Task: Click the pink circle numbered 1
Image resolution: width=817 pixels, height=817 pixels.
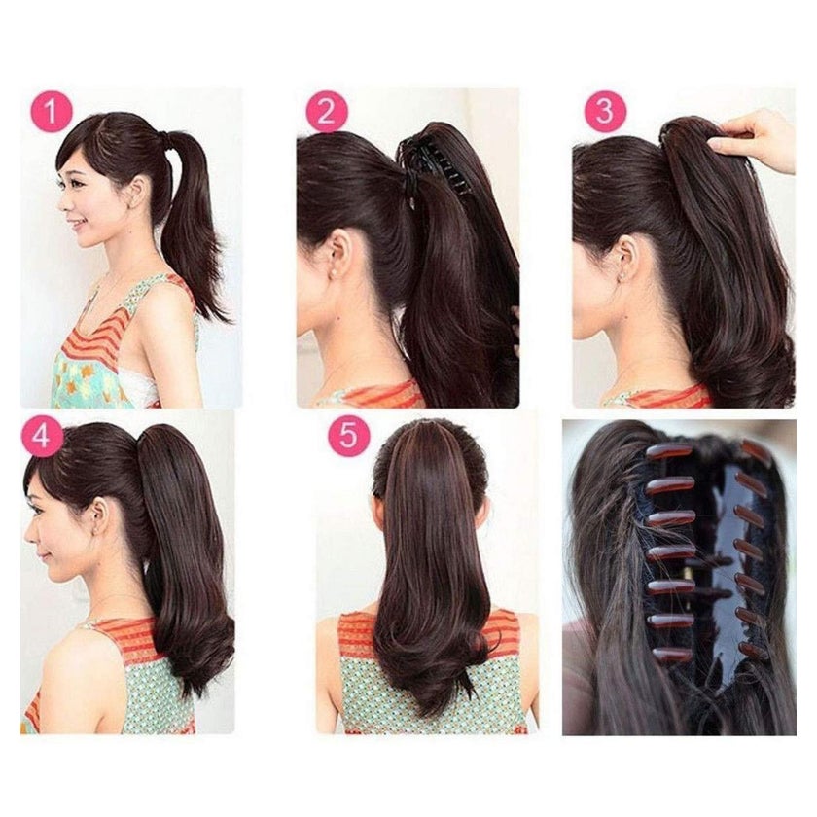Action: coord(51,112)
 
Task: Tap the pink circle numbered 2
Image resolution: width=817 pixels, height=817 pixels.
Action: coord(327,112)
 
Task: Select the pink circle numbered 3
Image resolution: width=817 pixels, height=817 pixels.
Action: coord(605,112)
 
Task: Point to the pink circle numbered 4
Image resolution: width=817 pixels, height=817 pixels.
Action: coord(42,437)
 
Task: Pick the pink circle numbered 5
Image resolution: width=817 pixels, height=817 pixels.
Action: coord(348,436)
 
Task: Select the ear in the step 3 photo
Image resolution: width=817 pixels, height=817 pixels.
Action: coord(626,257)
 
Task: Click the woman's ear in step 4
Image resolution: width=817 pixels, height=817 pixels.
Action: coord(100,517)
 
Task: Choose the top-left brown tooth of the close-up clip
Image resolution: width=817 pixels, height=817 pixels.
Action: coord(668,451)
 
